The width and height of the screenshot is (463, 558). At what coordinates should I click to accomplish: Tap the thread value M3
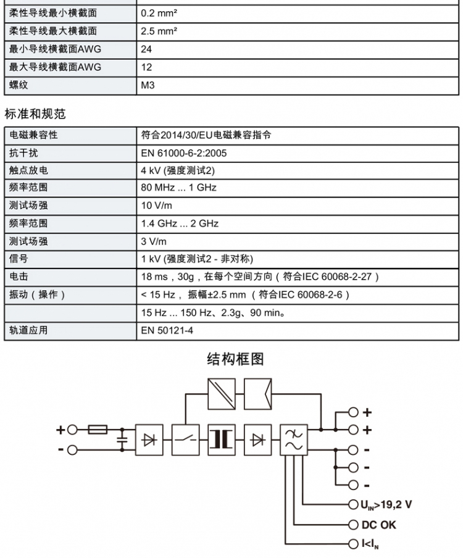pos(148,85)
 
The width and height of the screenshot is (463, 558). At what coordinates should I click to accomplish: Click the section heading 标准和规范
pos(35,114)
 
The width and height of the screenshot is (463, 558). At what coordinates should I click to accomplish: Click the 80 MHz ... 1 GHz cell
pos(178,188)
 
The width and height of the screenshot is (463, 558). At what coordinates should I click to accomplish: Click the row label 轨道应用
pos(28,330)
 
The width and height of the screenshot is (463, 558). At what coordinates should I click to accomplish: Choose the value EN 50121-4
pos(167,330)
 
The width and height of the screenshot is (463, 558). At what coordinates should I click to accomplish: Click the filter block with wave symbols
pos(294,439)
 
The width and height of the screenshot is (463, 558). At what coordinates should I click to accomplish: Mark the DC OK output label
pos(379,525)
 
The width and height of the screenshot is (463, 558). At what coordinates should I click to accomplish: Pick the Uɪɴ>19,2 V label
pos(386,505)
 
